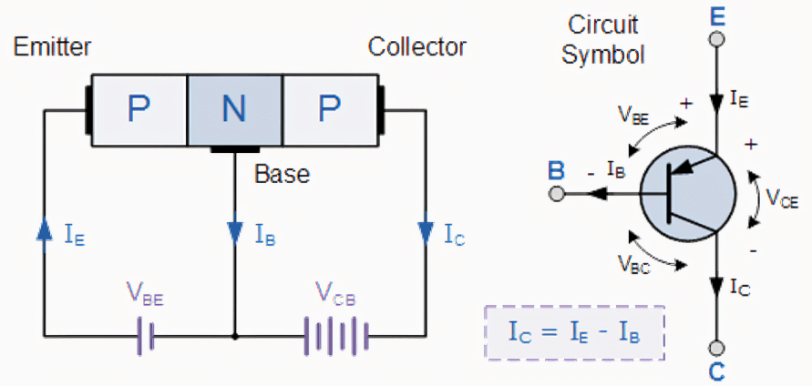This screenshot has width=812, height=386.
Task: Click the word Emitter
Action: pyautogui.click(x=53, y=46)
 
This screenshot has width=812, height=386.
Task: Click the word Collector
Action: pyautogui.click(x=417, y=46)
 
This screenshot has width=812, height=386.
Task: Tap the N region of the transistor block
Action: pyautogui.click(x=234, y=109)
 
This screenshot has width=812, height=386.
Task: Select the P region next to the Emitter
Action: pyautogui.click(x=138, y=109)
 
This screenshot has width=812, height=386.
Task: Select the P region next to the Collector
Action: pyautogui.click(x=327, y=109)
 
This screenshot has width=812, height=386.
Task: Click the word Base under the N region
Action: pyautogui.click(x=282, y=173)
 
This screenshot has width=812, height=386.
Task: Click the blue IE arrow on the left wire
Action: pyautogui.click(x=43, y=231)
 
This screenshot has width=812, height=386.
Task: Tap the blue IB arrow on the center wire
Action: pyautogui.click(x=235, y=231)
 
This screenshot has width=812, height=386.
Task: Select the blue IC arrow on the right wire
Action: pyautogui.click(x=425, y=231)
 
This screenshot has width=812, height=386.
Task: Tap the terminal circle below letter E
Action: pyautogui.click(x=716, y=40)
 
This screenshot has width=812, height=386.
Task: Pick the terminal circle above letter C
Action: pyautogui.click(x=716, y=348)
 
